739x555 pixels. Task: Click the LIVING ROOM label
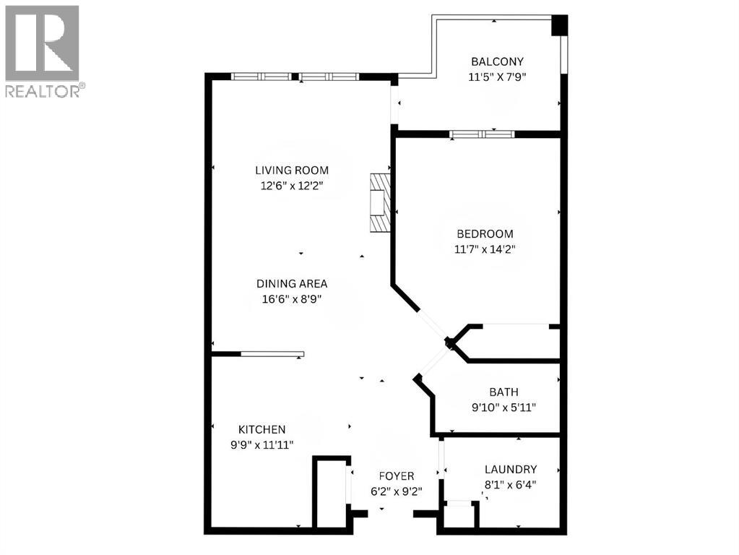pyautogui.click(x=291, y=171)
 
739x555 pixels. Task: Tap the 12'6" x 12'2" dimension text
pyautogui.click(x=291, y=185)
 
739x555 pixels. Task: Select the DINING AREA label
pyautogui.click(x=291, y=284)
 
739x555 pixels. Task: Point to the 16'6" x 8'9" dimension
pyautogui.click(x=291, y=298)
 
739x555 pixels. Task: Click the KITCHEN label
pyautogui.click(x=259, y=429)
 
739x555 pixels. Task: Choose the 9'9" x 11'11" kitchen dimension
pyautogui.click(x=259, y=444)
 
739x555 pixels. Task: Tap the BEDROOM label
pyautogui.click(x=485, y=233)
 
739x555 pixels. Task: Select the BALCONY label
pyautogui.click(x=496, y=61)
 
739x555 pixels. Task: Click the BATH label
pyautogui.click(x=504, y=392)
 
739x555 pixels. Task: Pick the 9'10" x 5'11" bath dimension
pyautogui.click(x=504, y=407)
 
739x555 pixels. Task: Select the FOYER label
pyautogui.click(x=397, y=476)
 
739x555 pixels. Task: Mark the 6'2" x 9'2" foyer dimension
pyautogui.click(x=397, y=491)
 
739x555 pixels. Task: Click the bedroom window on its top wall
pyautogui.click(x=481, y=134)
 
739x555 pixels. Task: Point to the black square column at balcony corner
pyautogui.click(x=559, y=25)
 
